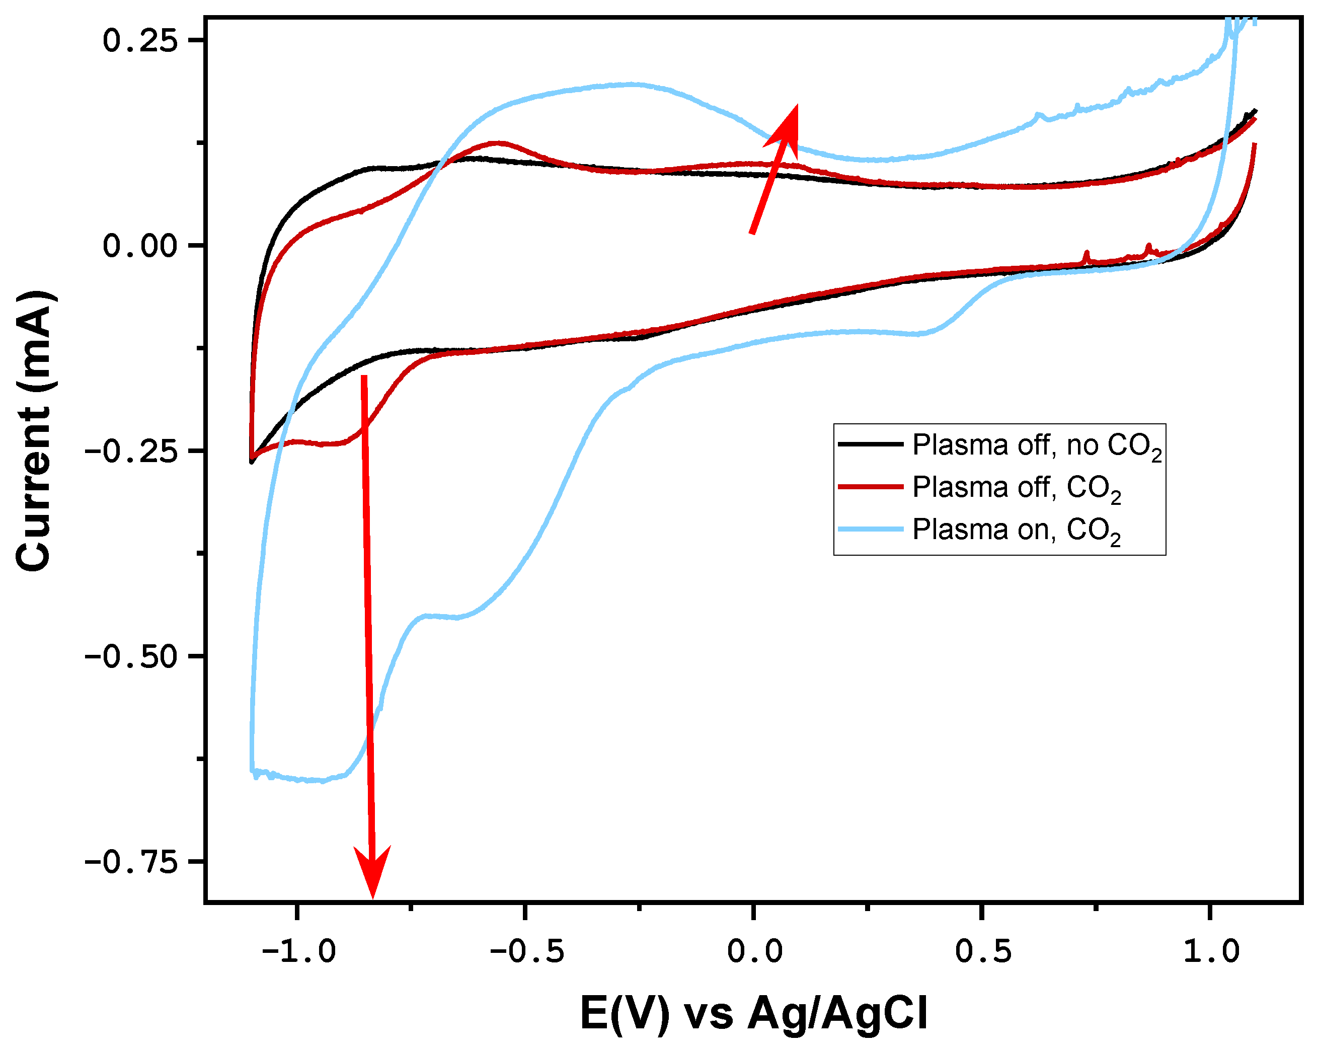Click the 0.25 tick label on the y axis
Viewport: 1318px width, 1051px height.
[x=140, y=41]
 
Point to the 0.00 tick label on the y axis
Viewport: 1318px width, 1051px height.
[x=140, y=246]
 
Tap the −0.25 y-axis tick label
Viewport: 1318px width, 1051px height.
[x=131, y=451]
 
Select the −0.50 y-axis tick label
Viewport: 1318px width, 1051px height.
[x=131, y=656]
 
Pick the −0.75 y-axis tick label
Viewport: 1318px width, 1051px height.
[x=131, y=861]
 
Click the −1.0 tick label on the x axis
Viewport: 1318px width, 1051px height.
[x=298, y=951]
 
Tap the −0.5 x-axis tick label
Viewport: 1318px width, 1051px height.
[x=526, y=951]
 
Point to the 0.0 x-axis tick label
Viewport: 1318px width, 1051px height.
[x=754, y=951]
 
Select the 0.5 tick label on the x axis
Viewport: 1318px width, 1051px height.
[x=982, y=951]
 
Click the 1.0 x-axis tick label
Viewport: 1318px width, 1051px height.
[x=1210, y=951]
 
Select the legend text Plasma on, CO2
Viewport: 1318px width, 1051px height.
[x=1016, y=530]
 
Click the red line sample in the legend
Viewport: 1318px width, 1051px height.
[x=871, y=487]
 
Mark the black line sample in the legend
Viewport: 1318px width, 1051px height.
[x=871, y=444]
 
